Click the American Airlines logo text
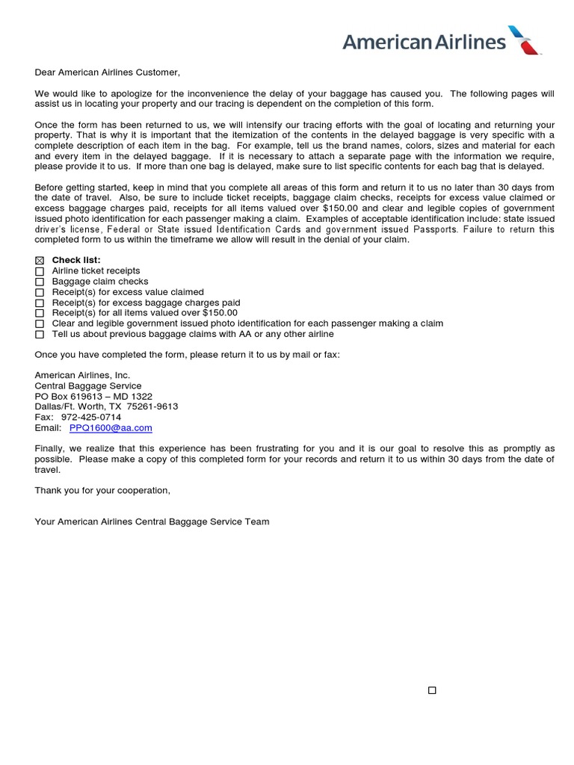(x=424, y=42)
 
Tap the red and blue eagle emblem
(x=525, y=40)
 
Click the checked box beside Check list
(x=40, y=260)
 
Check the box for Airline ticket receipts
(x=40, y=271)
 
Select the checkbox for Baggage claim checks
(x=40, y=282)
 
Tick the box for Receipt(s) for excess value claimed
(x=40, y=292)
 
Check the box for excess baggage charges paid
(x=40, y=303)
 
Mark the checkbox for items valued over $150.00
(x=40, y=314)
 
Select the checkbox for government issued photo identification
(x=40, y=324)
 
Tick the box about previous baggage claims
(x=40, y=335)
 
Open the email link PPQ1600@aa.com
(x=111, y=428)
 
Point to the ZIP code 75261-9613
(x=152, y=406)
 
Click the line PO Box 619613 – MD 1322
(x=93, y=396)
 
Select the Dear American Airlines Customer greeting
(x=108, y=72)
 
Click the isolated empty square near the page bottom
(x=432, y=690)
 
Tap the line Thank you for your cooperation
(x=102, y=490)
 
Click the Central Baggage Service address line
(x=87, y=385)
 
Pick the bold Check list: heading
(x=76, y=260)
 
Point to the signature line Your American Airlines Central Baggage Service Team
(x=152, y=521)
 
